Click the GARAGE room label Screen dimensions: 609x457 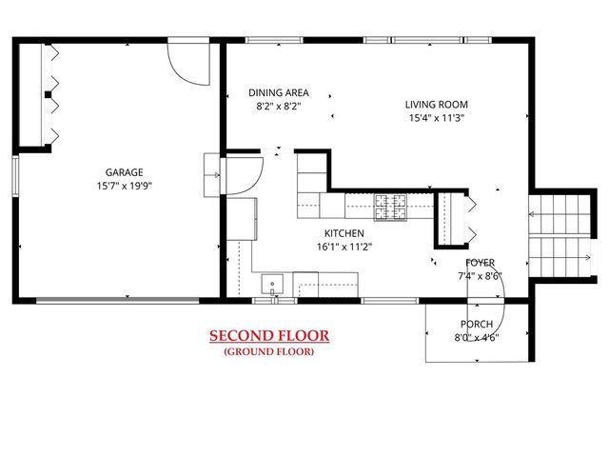tap(125, 172)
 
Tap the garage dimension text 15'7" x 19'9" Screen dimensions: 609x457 tap(125, 186)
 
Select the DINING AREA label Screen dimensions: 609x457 tap(279, 93)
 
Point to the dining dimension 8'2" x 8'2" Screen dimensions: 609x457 tap(279, 106)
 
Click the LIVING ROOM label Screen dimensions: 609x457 tap(437, 105)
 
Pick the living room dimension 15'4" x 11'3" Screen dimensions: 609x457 tap(437, 118)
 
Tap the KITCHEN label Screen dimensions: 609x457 tap(344, 233)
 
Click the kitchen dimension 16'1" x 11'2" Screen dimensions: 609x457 tap(344, 247)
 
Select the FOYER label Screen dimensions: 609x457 tap(480, 263)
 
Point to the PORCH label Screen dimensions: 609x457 tap(477, 324)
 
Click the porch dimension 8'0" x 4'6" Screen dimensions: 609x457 tap(477, 337)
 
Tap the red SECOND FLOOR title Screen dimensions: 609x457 tap(269, 335)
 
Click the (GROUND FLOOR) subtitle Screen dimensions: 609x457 tap(268, 351)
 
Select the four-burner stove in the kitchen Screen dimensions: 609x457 tap(390, 207)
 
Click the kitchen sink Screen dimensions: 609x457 tap(272, 285)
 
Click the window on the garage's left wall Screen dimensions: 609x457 tap(15, 175)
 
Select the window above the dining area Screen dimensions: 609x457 tap(274, 40)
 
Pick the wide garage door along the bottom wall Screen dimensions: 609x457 tap(118, 301)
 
